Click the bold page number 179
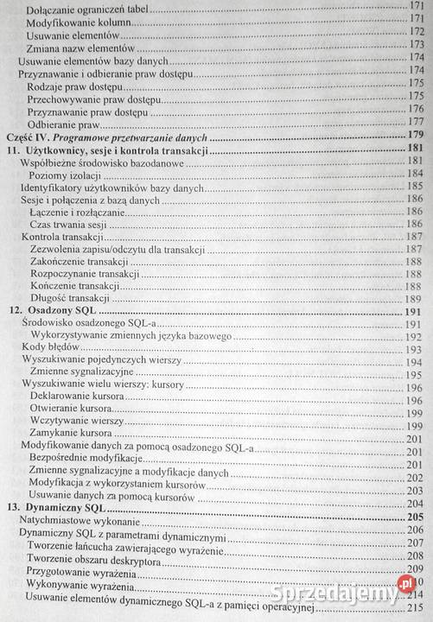click(x=416, y=136)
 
